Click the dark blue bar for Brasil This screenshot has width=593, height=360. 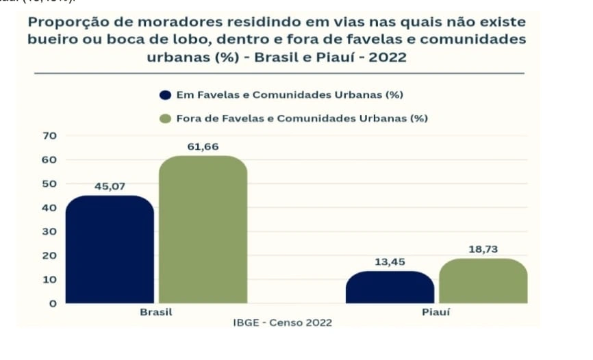click(110, 250)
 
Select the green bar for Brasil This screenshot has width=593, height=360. click(203, 230)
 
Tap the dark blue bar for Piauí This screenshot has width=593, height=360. click(390, 287)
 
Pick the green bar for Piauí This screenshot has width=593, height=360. click(483, 281)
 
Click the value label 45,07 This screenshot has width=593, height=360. click(110, 186)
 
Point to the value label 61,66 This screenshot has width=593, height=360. click(203, 146)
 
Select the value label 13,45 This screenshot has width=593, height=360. click(390, 262)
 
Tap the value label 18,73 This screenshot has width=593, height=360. click(483, 250)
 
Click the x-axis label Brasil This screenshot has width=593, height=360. click(155, 312)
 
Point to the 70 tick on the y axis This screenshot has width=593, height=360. click(49, 136)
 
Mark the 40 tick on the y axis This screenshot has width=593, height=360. click(49, 207)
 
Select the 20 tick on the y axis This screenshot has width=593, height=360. click(49, 255)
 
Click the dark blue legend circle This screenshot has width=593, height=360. click(165, 94)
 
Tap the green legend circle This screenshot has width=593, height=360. click(165, 118)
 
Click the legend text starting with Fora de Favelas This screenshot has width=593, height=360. click(302, 118)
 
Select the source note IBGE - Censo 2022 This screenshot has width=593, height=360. click(282, 322)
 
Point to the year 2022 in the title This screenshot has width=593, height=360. click(388, 57)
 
